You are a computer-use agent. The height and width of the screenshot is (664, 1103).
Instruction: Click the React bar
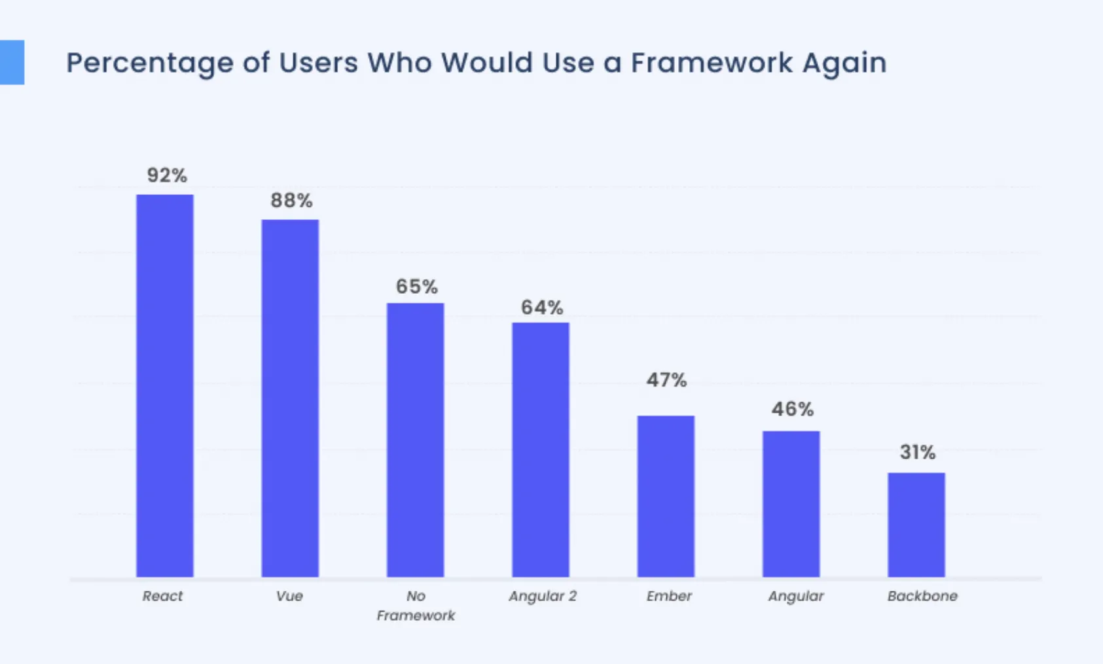[165, 386]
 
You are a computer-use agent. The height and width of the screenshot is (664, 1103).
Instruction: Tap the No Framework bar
[415, 440]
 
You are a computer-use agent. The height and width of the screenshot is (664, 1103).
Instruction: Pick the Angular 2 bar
[541, 449]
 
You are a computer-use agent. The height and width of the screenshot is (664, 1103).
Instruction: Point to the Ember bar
[666, 496]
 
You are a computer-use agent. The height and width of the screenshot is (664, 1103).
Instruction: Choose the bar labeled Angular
[791, 504]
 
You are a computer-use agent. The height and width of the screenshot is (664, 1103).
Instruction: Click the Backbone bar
[916, 525]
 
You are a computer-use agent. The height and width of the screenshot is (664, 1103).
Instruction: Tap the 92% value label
[167, 175]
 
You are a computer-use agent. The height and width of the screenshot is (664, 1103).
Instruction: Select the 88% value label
[291, 200]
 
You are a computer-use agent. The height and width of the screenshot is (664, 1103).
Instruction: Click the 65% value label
[416, 287]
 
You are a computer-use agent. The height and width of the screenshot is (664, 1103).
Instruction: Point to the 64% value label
[542, 307]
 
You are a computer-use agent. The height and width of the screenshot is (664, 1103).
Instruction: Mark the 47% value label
[666, 380]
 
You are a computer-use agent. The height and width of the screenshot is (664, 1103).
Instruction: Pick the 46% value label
[792, 410]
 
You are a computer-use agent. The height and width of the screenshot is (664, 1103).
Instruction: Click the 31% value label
[917, 452]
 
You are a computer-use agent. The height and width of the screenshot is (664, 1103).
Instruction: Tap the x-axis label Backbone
[922, 596]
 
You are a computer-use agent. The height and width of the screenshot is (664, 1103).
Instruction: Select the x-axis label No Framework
[416, 606]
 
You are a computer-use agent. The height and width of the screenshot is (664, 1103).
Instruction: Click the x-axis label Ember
[669, 596]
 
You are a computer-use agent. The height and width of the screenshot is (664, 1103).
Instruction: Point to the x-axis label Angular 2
[543, 596]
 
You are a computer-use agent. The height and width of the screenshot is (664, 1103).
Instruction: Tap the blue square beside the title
[12, 63]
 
